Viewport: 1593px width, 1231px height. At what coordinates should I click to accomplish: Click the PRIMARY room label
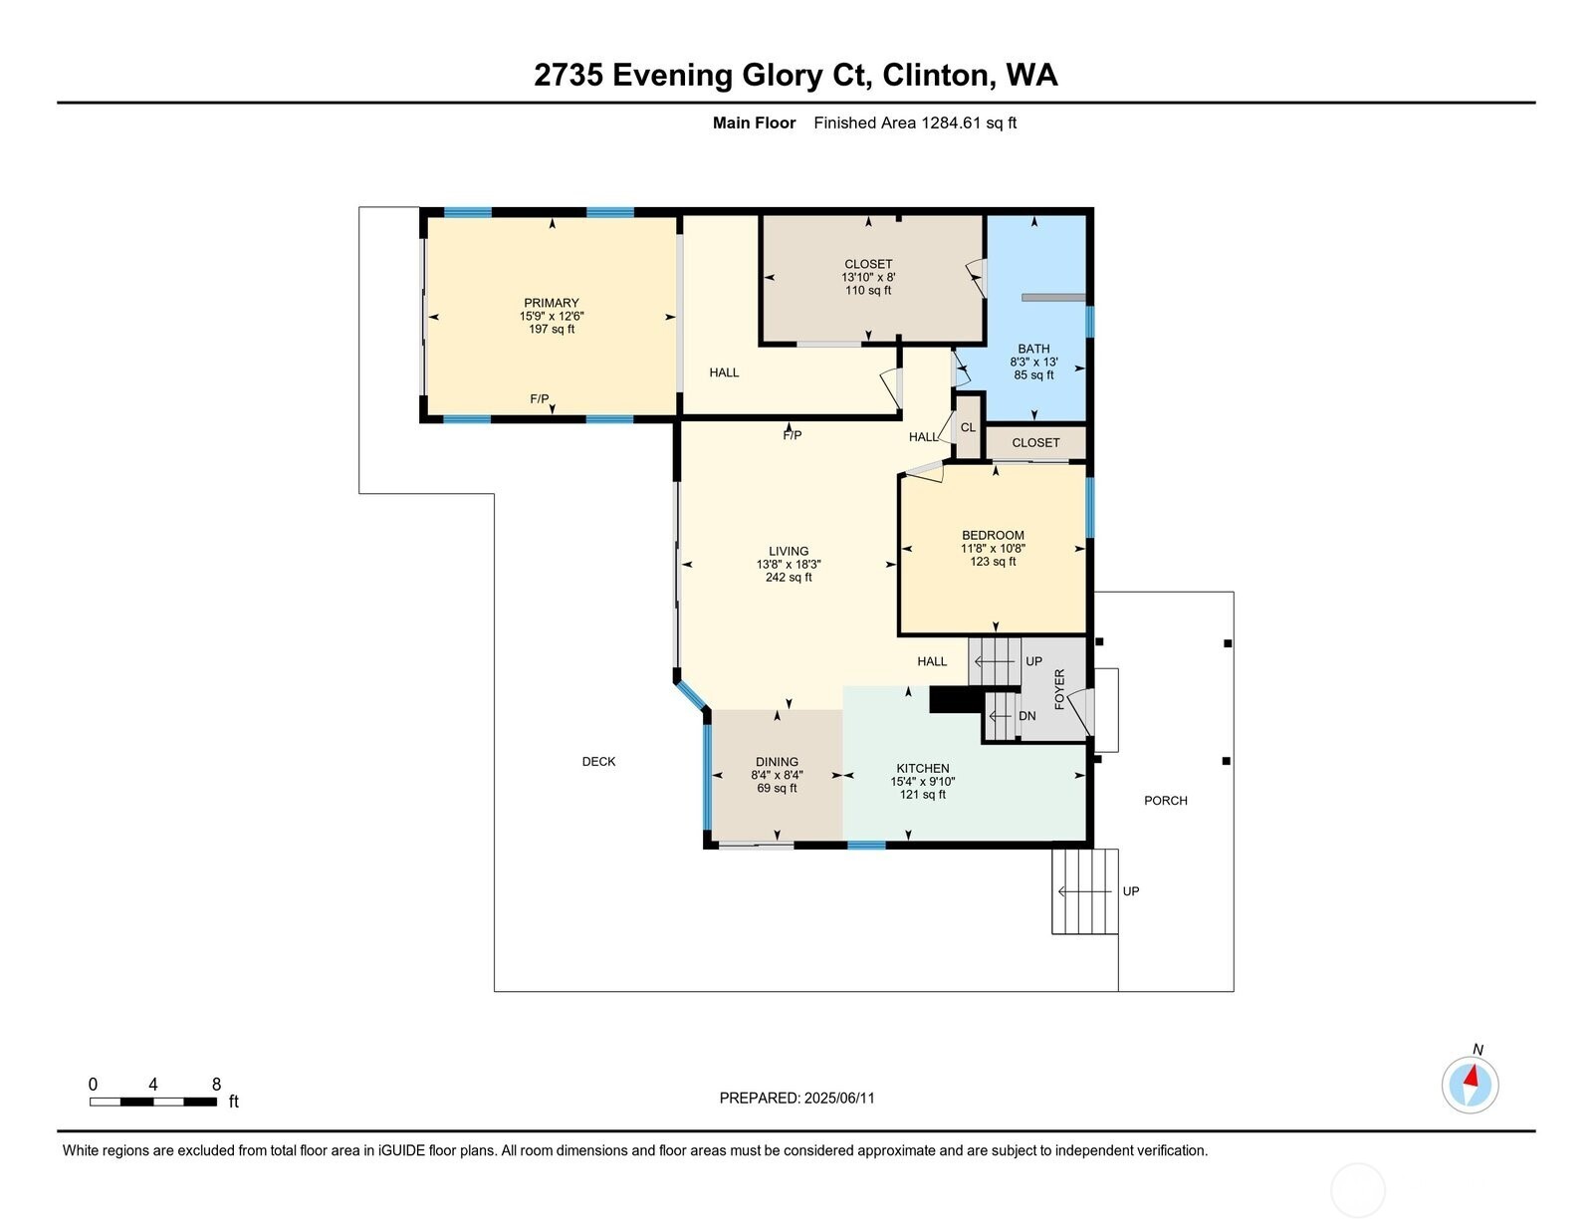click(551, 303)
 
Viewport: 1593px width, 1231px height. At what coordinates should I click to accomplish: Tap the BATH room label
click(1033, 349)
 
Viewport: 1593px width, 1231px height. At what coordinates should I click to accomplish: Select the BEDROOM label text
click(993, 535)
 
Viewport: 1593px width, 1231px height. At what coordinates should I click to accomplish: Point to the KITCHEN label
click(923, 768)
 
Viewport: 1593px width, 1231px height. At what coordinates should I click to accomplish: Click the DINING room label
click(777, 762)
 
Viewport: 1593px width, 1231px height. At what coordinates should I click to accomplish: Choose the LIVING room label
click(789, 551)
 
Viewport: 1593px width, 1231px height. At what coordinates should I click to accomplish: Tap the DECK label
click(598, 762)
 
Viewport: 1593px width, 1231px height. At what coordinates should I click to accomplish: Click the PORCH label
click(1165, 801)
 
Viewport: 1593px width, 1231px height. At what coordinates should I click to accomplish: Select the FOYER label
click(1059, 688)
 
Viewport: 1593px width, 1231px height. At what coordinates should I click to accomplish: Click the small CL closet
click(968, 427)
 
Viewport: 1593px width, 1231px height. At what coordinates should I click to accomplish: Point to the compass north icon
click(1470, 1084)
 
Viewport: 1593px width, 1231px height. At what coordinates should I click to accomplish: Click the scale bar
click(153, 1102)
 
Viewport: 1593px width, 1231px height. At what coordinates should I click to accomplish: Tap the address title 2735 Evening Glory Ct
click(796, 76)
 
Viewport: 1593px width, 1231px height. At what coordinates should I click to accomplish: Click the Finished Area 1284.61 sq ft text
click(914, 123)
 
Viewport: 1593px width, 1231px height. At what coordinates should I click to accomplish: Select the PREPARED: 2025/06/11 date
click(796, 1098)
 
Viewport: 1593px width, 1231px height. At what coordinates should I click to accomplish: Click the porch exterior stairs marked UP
click(1085, 891)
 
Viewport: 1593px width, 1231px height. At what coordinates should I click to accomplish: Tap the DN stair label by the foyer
click(1027, 716)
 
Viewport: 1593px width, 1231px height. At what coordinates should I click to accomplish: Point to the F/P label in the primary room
click(539, 398)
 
